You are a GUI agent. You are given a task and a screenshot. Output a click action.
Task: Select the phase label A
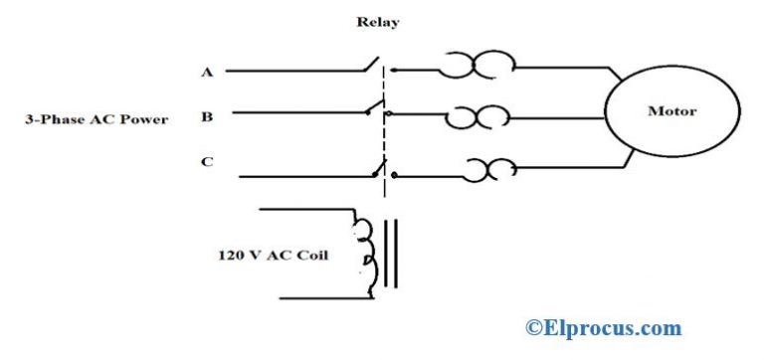tap(205, 71)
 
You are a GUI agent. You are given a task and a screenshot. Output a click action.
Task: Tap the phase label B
tap(206, 116)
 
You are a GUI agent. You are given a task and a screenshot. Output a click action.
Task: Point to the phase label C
tap(206, 162)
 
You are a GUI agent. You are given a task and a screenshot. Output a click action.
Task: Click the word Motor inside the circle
tap(672, 111)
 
